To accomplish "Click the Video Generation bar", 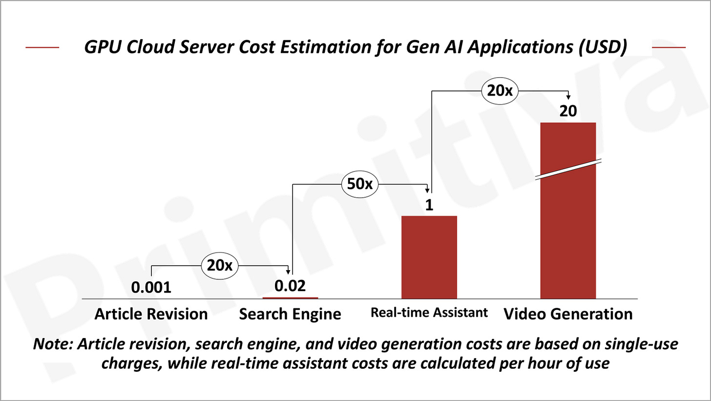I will click(x=568, y=230).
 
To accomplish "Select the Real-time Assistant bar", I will click(x=429, y=257).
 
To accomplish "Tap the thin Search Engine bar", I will click(x=290, y=297).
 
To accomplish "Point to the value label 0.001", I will click(x=151, y=287).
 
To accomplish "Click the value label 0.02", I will click(x=290, y=286).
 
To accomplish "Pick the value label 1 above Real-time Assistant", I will click(x=429, y=205).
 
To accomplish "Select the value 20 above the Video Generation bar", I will click(x=568, y=111).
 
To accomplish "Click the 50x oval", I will click(x=359, y=184).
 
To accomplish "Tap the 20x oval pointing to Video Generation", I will click(x=500, y=90).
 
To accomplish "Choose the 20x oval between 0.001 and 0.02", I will click(x=220, y=265).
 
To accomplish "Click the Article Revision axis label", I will click(x=151, y=314).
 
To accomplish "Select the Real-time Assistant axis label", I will click(x=429, y=313).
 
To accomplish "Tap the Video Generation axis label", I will click(x=568, y=314).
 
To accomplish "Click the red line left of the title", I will click(x=42, y=47).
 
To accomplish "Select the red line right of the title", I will click(x=669, y=47).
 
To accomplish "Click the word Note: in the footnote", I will click(x=53, y=344).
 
